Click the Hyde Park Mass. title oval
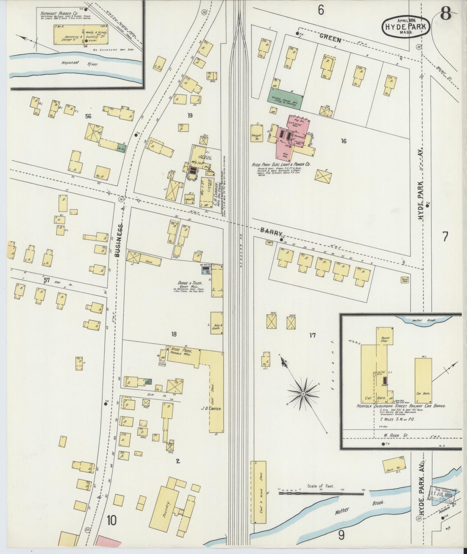point(406,26)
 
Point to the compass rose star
point(303,394)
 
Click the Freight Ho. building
point(257,136)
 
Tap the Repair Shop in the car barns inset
point(385,339)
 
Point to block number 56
point(88,116)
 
